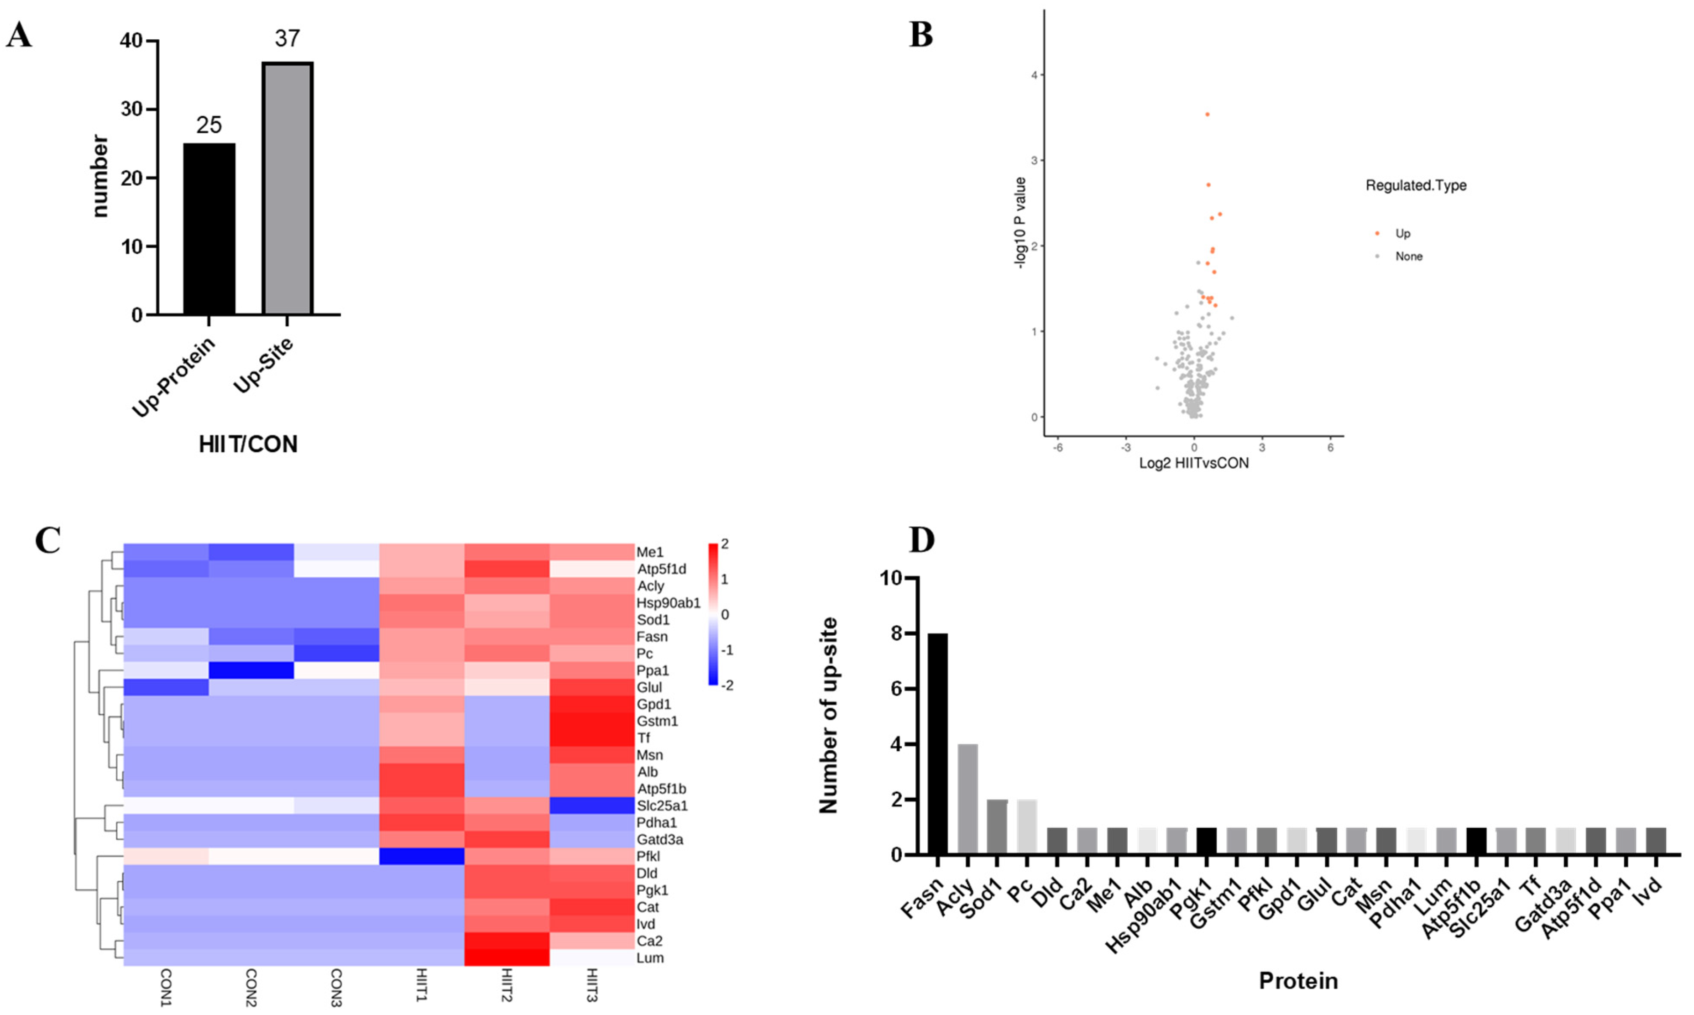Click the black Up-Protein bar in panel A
(209, 229)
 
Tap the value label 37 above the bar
(287, 38)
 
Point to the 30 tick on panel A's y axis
(131, 110)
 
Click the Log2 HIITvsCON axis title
(1193, 463)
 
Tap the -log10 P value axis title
(1020, 222)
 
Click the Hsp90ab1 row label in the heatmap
(668, 602)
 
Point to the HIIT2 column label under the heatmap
(507, 985)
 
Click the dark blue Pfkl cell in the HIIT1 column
(421, 856)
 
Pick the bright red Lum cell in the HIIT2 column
(507, 957)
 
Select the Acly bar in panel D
(967, 799)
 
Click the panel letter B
(920, 34)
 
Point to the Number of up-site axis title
(828, 715)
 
